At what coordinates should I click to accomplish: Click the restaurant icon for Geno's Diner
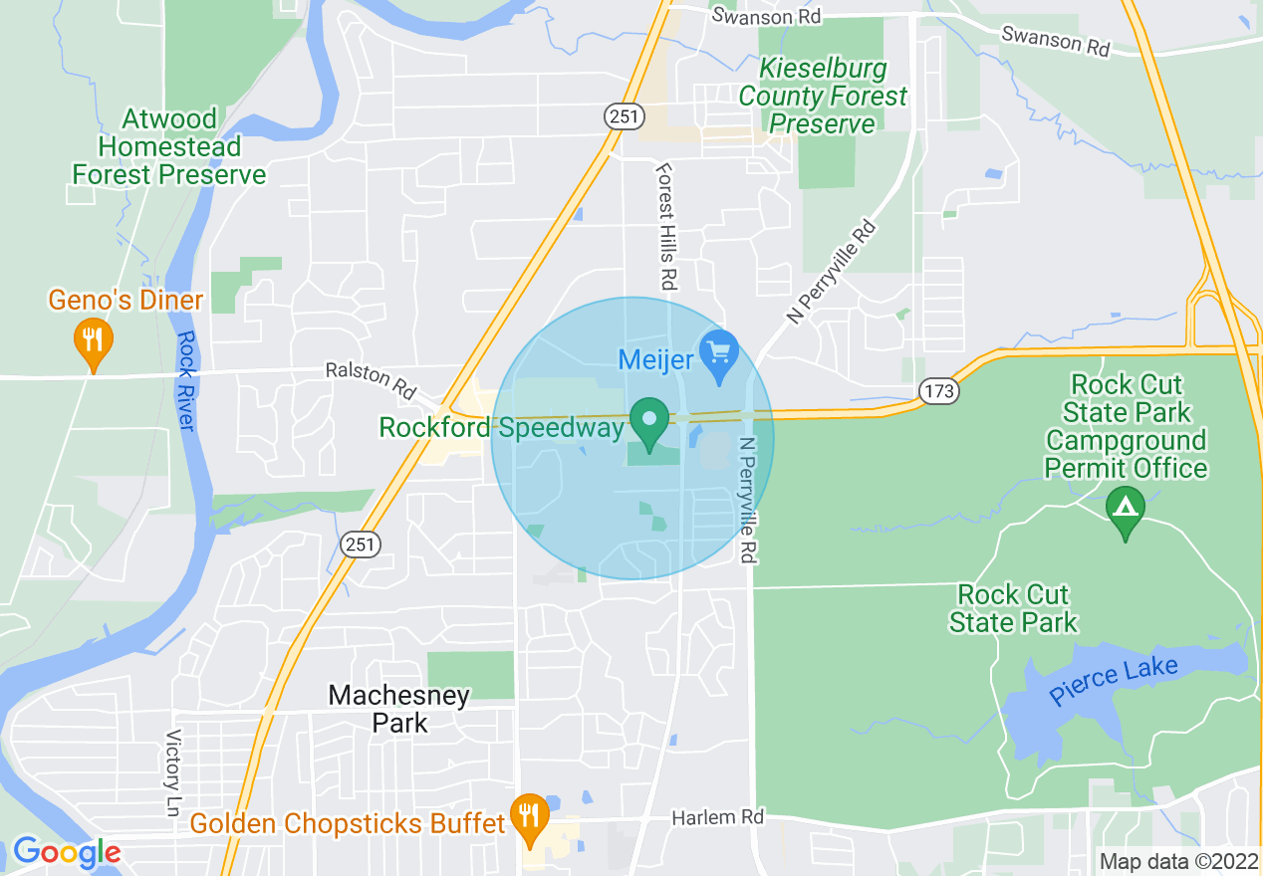[x=93, y=340]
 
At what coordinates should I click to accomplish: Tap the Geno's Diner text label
[x=126, y=300]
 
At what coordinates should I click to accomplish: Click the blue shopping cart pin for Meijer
[x=718, y=353]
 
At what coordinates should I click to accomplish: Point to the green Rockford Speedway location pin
[x=650, y=422]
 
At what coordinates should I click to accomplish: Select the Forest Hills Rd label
[x=665, y=227]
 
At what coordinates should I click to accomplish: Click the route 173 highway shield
[x=939, y=391]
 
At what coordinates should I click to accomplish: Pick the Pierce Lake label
[x=1114, y=682]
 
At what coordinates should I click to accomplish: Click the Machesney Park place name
[x=399, y=709]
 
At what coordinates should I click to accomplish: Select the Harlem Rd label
[x=717, y=816]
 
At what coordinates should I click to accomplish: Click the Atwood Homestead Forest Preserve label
[x=169, y=147]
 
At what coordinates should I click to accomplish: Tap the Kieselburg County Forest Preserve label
[x=823, y=97]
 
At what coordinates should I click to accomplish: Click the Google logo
[x=67, y=852]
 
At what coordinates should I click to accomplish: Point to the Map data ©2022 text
[x=1177, y=860]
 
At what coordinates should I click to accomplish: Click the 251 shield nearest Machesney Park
[x=360, y=544]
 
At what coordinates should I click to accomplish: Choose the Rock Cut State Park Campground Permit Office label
[x=1126, y=426]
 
